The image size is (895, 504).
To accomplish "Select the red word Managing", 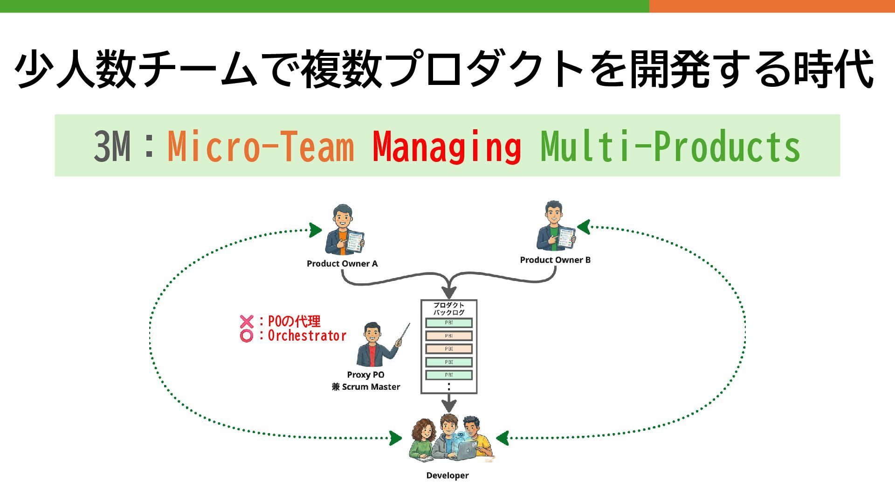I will (447, 147).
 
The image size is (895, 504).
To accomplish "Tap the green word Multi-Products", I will (670, 147).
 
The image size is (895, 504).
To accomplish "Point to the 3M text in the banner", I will (112, 147).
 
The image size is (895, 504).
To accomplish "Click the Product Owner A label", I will (342, 264).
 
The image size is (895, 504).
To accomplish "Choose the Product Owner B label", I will (555, 260).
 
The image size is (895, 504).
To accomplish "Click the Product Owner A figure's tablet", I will (355, 241).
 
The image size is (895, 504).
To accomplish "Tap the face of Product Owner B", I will (553, 216).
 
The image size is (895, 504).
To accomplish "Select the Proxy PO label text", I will (365, 375).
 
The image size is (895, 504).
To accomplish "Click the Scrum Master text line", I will (366, 387).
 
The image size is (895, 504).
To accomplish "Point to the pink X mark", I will (247, 322).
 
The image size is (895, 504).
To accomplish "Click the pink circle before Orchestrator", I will (247, 336).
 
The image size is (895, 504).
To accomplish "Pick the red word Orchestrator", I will (307, 336).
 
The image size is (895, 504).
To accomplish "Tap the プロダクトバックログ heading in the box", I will (449, 308).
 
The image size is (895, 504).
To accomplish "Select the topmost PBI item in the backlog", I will (449, 323).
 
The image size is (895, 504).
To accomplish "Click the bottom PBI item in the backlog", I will (449, 375).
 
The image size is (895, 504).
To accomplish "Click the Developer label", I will (447, 476).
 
